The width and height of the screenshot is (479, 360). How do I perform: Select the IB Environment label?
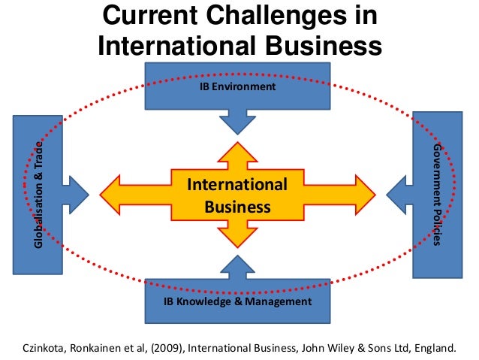[236, 87]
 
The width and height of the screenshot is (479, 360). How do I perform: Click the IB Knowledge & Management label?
[237, 301]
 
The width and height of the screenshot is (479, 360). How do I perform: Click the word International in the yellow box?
[236, 185]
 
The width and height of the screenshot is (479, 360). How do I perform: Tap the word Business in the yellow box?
[237, 205]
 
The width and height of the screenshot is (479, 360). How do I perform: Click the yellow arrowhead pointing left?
[111, 195]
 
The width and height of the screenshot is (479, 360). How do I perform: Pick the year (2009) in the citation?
[171, 348]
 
